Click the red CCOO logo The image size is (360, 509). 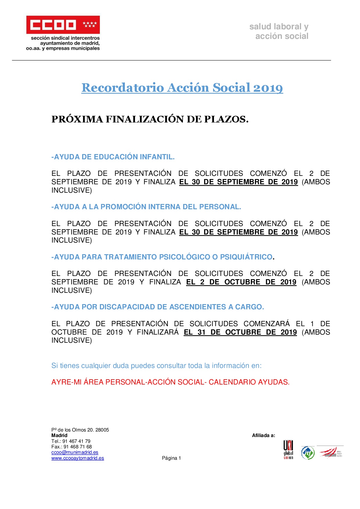pyautogui.click(x=63, y=25)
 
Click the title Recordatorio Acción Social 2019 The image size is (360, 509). pyautogui.click(x=182, y=88)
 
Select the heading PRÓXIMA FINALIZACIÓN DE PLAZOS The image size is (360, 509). pyautogui.click(x=150, y=119)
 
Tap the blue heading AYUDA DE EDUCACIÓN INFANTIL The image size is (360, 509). pyautogui.click(x=113, y=157)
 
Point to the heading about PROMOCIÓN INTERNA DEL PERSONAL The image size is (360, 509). pyautogui.click(x=146, y=207)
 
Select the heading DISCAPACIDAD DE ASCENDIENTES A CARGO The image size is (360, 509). pyautogui.click(x=158, y=307)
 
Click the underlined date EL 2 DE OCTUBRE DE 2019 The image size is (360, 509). pyautogui.click(x=241, y=282)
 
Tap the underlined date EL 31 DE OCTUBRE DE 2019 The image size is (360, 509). pyautogui.click(x=240, y=332)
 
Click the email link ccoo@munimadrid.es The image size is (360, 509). pyautogui.click(x=75, y=452)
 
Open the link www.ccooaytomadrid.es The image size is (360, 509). pyautogui.click(x=78, y=458)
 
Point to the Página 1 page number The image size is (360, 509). pyautogui.click(x=171, y=458)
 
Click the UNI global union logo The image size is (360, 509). pyautogui.click(x=288, y=450)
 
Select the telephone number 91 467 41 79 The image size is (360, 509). pyautogui.click(x=76, y=441)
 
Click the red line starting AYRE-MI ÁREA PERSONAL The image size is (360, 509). pyautogui.click(x=170, y=382)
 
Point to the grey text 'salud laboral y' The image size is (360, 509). pyautogui.click(x=279, y=27)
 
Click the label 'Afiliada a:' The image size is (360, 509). pyautogui.click(x=263, y=436)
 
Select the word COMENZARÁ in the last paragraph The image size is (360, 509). pyautogui.click(x=267, y=324)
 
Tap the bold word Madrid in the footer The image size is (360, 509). pyautogui.click(x=59, y=436)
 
